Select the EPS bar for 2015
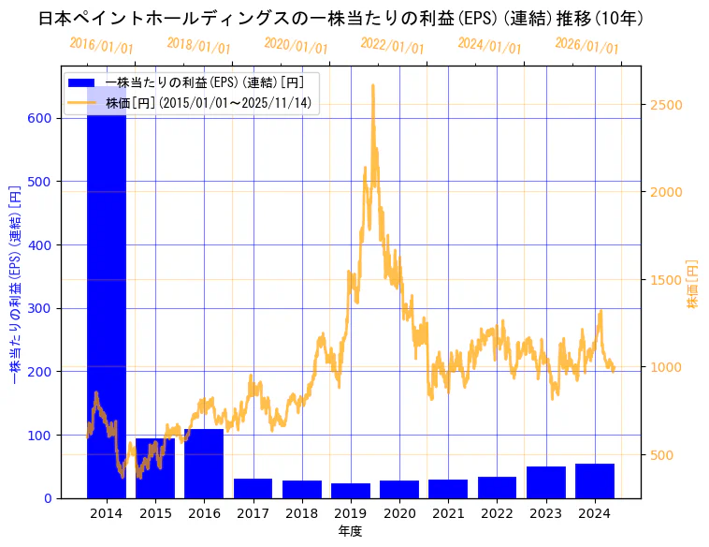point(155,468)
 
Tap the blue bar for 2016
point(204,464)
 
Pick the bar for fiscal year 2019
point(351,491)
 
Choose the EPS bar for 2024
point(595,481)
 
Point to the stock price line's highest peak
point(373,86)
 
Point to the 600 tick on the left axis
point(47,118)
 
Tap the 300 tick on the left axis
point(47,308)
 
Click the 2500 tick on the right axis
point(665,104)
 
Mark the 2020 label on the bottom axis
point(399,513)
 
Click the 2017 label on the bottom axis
point(253,513)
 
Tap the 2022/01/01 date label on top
point(392,47)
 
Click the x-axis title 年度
point(351,531)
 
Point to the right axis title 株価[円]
point(693,284)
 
